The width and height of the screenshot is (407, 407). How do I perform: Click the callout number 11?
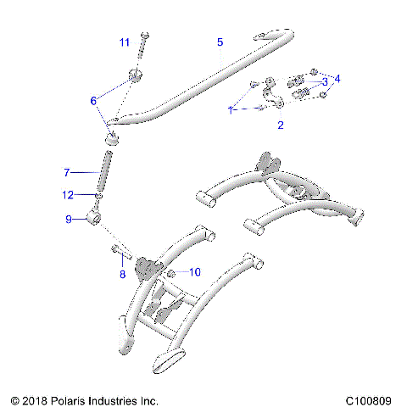tap(125, 42)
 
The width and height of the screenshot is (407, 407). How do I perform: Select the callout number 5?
tap(220, 42)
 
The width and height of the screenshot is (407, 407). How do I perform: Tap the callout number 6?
tap(94, 100)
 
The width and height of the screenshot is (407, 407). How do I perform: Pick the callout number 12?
tap(68, 195)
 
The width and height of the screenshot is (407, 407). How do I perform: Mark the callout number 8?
tap(122, 274)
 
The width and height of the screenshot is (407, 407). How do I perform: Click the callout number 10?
tap(195, 272)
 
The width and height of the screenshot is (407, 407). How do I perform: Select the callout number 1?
tap(230, 110)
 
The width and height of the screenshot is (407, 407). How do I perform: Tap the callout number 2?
tap(281, 125)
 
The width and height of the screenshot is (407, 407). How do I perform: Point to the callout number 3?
tap(324, 81)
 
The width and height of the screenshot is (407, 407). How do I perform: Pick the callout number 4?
tap(338, 79)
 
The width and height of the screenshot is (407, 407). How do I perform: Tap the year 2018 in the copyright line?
tap(37, 399)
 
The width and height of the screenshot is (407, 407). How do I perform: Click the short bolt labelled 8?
tap(118, 248)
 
